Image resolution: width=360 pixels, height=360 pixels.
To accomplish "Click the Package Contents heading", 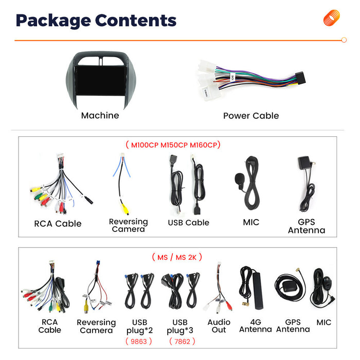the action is (96, 21).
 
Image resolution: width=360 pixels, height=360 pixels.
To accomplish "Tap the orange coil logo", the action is (332, 17).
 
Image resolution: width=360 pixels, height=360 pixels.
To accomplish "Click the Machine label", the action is (100, 116).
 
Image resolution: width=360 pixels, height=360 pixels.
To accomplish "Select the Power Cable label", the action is (251, 116).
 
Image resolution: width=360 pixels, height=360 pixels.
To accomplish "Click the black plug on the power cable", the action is (300, 78).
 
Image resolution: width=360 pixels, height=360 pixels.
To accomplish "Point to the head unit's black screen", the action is (101, 80).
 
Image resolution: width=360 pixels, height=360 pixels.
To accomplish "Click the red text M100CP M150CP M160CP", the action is (174, 145).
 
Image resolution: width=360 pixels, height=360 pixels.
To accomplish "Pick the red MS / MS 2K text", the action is (177, 257).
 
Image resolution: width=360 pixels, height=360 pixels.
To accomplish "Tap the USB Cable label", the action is (189, 223).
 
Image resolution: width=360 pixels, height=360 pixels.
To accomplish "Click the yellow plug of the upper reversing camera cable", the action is (125, 209).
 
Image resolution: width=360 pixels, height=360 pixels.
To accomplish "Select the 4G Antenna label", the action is (256, 326).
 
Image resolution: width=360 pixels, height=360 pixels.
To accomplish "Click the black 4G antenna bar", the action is (258, 290).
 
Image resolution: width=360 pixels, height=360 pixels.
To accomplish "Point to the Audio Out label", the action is (219, 326).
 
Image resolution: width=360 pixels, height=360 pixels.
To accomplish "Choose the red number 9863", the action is (139, 341).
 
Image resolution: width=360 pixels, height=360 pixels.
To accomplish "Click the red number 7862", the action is (182, 341).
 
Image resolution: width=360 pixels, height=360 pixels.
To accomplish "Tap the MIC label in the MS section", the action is (323, 322).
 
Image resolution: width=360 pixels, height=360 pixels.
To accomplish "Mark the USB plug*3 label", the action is (180, 326).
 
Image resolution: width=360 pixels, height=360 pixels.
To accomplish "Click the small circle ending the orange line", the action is (344, 40).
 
